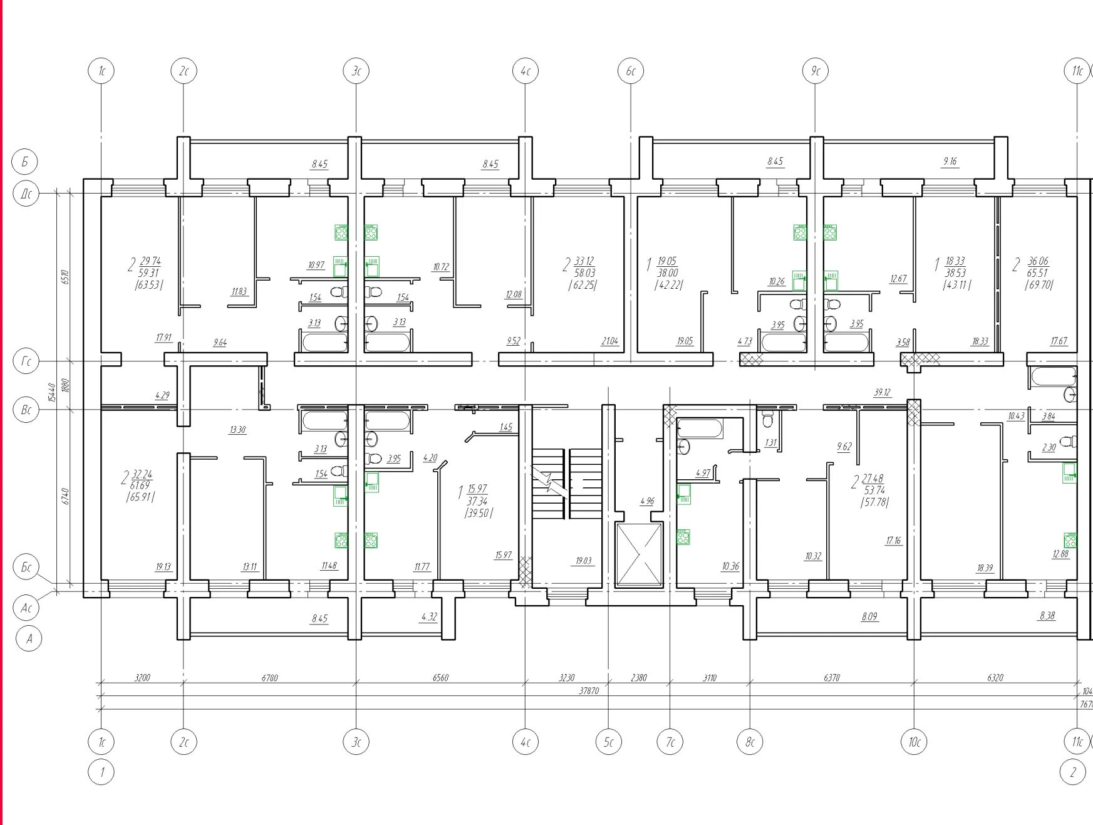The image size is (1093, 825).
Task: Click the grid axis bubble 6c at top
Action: coord(631,71)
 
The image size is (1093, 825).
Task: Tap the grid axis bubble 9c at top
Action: coord(815,71)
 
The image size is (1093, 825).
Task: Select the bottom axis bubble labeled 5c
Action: coord(608,742)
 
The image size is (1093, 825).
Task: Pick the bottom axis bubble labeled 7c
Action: coord(670,742)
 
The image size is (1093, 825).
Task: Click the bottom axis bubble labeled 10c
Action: coord(914,742)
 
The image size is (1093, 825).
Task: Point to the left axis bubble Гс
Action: coord(26,361)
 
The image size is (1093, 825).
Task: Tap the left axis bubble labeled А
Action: coord(29,639)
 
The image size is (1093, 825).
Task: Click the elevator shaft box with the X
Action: coord(639,555)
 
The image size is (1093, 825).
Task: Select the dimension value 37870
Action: coord(589,690)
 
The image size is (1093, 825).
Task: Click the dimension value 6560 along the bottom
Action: coord(440,678)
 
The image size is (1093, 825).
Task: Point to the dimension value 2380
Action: coord(639,678)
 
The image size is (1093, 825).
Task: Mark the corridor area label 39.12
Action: coord(882,393)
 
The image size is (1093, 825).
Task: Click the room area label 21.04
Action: coord(609,341)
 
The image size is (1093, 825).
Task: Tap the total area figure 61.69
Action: coord(140,485)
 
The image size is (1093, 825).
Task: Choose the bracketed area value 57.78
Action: coord(874,502)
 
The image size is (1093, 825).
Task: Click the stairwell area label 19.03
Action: coord(583,561)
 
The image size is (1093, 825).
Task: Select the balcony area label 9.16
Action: coord(950,162)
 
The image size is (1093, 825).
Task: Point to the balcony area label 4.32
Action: coord(429,617)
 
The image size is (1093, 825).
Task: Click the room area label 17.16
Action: coord(893,541)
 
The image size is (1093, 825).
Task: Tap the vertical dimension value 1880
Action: coord(66,385)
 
